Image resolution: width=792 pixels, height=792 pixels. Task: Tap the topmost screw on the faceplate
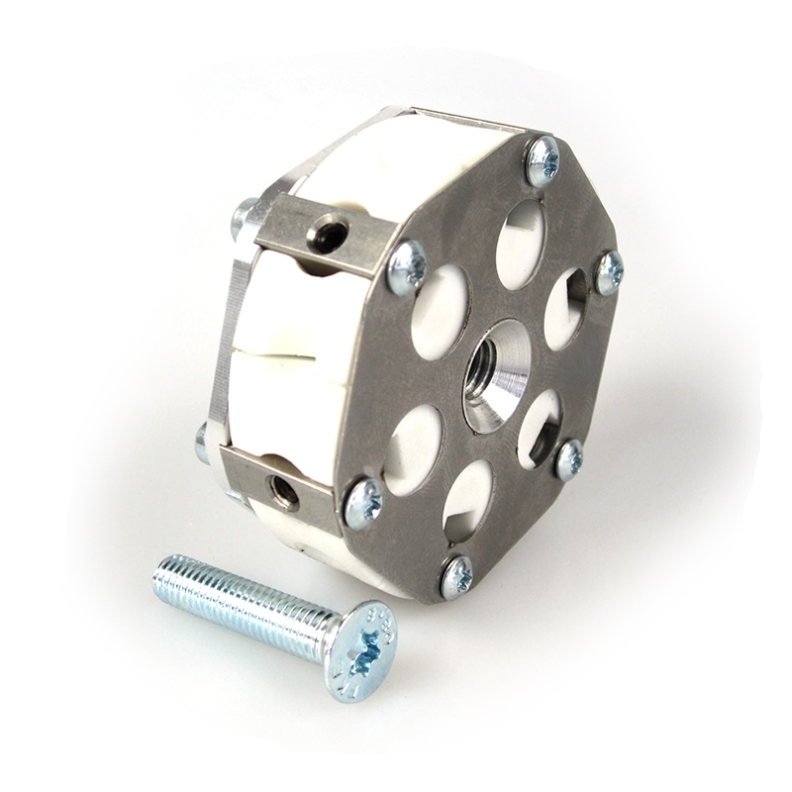pos(543,160)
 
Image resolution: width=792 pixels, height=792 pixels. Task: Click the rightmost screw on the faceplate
pos(609,271)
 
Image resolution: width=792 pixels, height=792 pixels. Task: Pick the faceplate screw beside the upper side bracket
pos(406,267)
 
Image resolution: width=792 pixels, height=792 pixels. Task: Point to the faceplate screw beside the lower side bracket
pos(363,503)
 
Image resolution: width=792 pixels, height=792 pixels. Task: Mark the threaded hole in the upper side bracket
pos(326,236)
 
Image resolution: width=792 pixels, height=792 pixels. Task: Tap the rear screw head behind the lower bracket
pos(202,441)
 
